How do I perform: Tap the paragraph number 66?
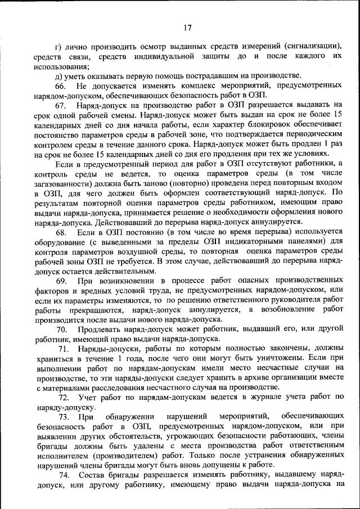(x=61, y=85)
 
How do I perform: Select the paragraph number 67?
(x=61, y=105)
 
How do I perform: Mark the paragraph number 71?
(x=62, y=349)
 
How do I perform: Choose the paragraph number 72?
(x=62, y=397)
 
